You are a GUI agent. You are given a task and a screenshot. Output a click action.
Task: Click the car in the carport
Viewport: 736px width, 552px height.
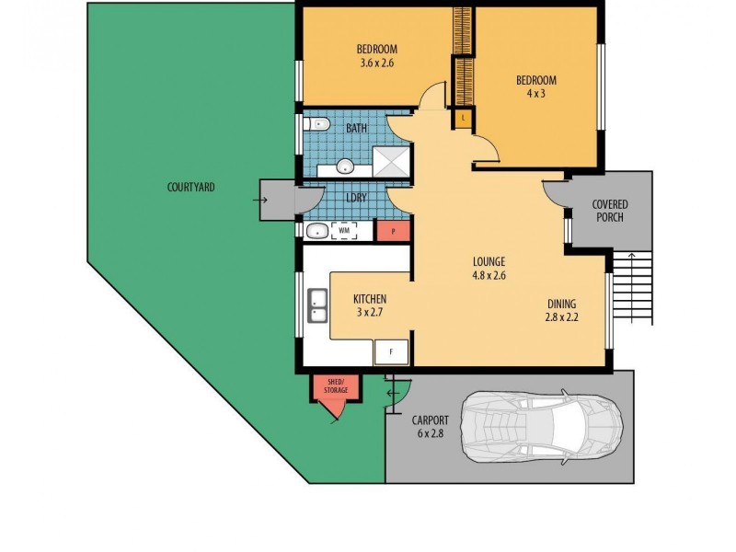542,429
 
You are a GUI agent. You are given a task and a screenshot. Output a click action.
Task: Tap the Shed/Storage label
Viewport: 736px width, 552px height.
335,387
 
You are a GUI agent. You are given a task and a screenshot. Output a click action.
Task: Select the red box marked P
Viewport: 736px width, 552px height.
393,231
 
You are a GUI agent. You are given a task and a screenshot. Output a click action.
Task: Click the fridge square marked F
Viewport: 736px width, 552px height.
390,351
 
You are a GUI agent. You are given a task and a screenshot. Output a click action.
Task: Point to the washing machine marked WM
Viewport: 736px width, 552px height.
344,230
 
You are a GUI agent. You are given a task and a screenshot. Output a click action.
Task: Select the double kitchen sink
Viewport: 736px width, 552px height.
317,306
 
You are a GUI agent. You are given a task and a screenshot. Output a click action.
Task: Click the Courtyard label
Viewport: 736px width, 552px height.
191,187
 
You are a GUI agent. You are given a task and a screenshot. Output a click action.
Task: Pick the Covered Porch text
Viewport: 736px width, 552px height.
609,211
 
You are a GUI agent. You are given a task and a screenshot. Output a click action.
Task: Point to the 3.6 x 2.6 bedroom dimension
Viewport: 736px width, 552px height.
376,63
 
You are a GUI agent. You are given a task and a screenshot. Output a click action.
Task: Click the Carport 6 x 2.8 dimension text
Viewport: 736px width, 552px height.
430,433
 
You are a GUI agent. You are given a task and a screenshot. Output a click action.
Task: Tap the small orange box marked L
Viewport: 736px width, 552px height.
463,118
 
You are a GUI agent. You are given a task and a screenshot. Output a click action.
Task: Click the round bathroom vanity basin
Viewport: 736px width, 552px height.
345,166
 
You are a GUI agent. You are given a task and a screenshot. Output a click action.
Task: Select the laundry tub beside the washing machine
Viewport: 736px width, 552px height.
316,230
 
